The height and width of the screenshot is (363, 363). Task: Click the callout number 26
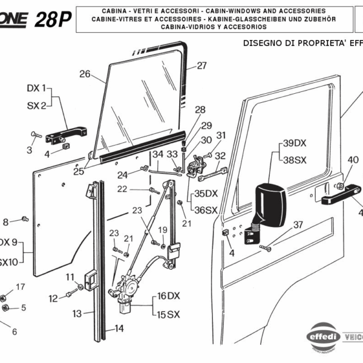click(85, 74)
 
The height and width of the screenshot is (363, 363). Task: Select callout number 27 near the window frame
click(201, 65)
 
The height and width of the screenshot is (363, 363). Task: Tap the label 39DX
click(295, 143)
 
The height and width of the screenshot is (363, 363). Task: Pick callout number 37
click(298, 225)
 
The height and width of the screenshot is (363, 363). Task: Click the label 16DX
click(169, 296)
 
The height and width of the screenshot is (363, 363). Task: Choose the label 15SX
click(169, 314)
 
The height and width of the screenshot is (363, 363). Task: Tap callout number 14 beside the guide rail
click(119, 329)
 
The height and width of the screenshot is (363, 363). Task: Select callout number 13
click(77, 313)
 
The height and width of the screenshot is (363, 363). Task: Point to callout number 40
click(353, 160)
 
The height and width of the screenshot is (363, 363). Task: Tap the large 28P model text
click(53, 20)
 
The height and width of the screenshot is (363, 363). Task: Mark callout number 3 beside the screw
click(28, 149)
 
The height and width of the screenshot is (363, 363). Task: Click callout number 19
click(162, 230)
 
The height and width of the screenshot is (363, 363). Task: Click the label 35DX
click(205, 194)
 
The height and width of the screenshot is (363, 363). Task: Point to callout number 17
click(20, 286)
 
